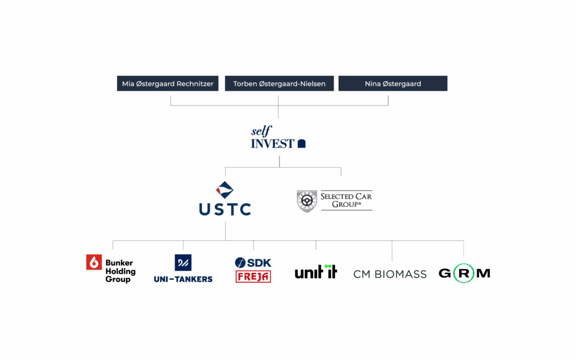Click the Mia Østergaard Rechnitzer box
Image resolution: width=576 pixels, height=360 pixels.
coord(168,84)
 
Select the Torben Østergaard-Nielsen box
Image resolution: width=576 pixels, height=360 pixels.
coord(278,84)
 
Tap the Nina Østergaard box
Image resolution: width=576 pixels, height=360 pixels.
coord(393,84)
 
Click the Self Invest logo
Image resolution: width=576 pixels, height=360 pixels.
coord(278,138)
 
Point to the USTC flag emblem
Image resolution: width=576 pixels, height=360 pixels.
coord(225,191)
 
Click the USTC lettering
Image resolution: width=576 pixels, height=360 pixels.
coord(225,209)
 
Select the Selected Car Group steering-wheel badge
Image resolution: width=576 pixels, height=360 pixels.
coord(307,201)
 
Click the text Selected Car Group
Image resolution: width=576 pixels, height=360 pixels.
coord(346,200)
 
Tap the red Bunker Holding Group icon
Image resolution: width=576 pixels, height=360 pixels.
coord(94,262)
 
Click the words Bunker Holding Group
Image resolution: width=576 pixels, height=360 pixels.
coord(120,271)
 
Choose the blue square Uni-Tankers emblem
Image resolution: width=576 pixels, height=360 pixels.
coord(183,262)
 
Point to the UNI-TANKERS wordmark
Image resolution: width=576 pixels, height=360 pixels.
coord(183,279)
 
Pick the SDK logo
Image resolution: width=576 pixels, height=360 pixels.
coord(253,262)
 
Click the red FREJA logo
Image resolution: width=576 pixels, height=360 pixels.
coord(253,276)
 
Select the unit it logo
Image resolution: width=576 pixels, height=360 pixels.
coord(316,272)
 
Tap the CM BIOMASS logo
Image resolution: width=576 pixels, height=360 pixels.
coord(390,274)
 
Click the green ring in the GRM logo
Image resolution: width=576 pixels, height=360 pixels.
coord(464,273)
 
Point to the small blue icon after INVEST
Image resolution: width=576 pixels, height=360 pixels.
coord(301,143)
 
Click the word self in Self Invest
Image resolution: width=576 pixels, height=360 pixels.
coord(261,132)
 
